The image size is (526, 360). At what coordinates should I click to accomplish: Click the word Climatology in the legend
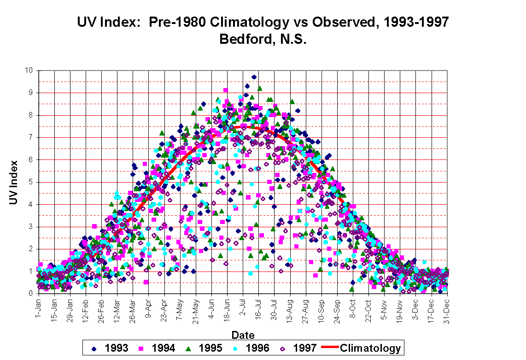(x=370, y=348)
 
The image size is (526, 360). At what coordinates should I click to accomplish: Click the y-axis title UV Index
(x=15, y=183)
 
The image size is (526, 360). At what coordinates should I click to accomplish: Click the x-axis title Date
(x=242, y=336)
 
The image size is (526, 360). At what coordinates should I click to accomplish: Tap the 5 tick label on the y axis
(x=30, y=182)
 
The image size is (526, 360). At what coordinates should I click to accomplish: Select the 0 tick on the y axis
(x=30, y=294)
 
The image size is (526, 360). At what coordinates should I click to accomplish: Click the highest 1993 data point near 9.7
(x=254, y=77)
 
